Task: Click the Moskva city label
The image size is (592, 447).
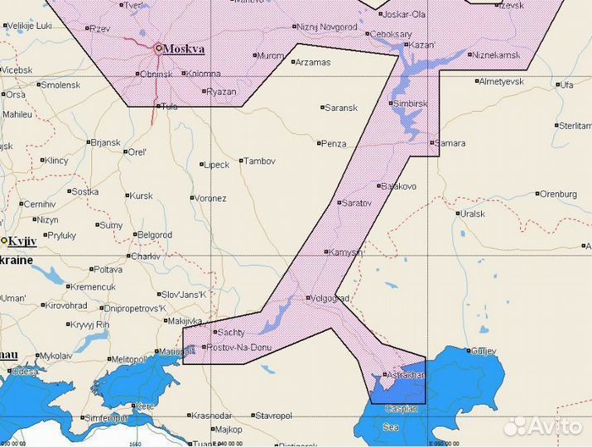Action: click(x=183, y=49)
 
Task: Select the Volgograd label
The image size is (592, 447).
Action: click(x=330, y=298)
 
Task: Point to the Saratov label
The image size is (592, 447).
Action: click(x=358, y=202)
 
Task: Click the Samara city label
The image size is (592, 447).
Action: click(x=451, y=142)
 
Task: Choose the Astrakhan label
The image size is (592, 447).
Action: click(x=406, y=375)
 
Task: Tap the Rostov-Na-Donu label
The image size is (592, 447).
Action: click(x=237, y=347)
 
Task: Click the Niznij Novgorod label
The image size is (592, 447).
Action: click(x=326, y=27)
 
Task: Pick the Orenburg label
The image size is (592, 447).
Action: click(x=557, y=194)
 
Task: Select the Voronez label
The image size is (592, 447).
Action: click(x=210, y=199)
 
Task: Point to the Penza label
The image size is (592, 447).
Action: click(x=335, y=143)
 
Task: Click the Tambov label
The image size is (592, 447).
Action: click(x=260, y=161)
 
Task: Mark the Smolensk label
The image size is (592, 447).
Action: click(x=60, y=84)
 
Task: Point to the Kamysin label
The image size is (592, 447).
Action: click(x=347, y=252)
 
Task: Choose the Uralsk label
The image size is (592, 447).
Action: click(x=473, y=213)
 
